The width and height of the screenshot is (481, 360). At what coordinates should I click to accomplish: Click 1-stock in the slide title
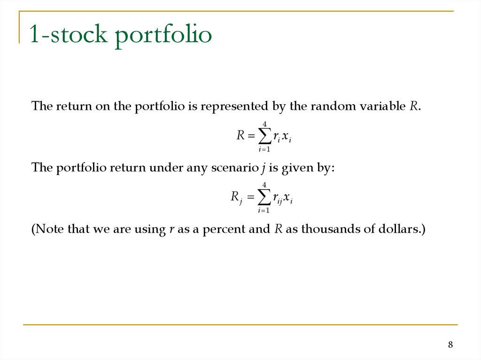pyautogui.click(x=70, y=35)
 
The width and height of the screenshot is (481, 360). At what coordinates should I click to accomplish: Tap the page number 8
pyautogui.click(x=450, y=345)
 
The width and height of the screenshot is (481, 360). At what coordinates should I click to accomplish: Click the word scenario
pyautogui.click(x=232, y=168)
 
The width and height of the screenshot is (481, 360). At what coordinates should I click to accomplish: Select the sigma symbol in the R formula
pyautogui.click(x=264, y=137)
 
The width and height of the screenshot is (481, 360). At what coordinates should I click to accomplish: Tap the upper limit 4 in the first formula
pyautogui.click(x=265, y=124)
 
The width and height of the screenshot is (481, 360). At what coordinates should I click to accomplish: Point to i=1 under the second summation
pyautogui.click(x=264, y=210)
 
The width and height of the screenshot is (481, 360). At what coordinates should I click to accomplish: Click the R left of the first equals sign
pyautogui.click(x=240, y=136)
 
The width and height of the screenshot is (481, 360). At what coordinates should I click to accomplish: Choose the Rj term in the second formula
pyautogui.click(x=236, y=198)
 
